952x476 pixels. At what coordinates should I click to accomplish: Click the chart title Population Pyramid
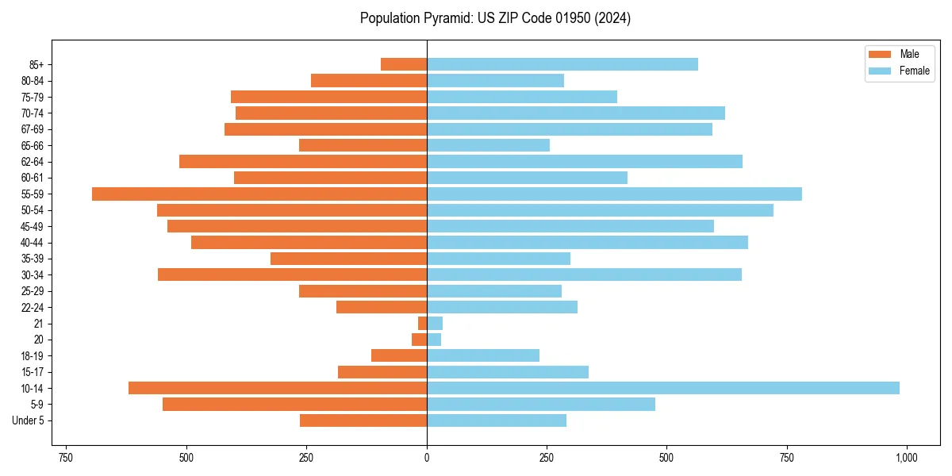click(x=495, y=18)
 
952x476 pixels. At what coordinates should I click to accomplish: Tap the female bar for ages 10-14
click(x=662, y=388)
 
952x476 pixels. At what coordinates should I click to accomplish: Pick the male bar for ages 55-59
click(x=259, y=194)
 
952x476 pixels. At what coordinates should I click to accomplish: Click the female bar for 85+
click(x=562, y=64)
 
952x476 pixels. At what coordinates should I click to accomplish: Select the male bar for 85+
click(x=404, y=64)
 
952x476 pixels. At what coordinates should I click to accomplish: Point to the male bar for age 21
click(x=422, y=323)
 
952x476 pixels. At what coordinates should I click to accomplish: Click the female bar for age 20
click(x=434, y=340)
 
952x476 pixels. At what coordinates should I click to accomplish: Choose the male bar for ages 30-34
click(x=292, y=274)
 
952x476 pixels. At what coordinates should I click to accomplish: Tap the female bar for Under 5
click(x=497, y=420)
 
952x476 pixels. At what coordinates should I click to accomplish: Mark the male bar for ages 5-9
click(x=294, y=404)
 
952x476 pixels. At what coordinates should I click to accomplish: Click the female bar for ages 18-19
click(x=482, y=355)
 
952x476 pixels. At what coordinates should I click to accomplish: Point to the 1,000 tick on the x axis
click(x=906, y=458)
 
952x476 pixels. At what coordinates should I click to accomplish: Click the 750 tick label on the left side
click(x=66, y=458)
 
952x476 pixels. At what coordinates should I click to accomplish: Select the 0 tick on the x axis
click(x=427, y=458)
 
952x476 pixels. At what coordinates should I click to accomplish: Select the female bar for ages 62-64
click(x=584, y=161)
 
